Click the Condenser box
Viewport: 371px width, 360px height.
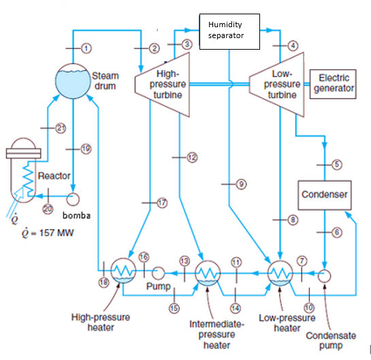coord(325,195)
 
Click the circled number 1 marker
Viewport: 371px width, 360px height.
coord(86,47)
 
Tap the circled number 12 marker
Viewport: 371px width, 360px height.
coord(192,157)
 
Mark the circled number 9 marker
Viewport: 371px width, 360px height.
coord(240,183)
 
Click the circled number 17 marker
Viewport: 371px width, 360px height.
coord(161,202)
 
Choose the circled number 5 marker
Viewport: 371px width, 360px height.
coord(337,164)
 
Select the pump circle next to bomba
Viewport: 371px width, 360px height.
coord(71,198)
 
